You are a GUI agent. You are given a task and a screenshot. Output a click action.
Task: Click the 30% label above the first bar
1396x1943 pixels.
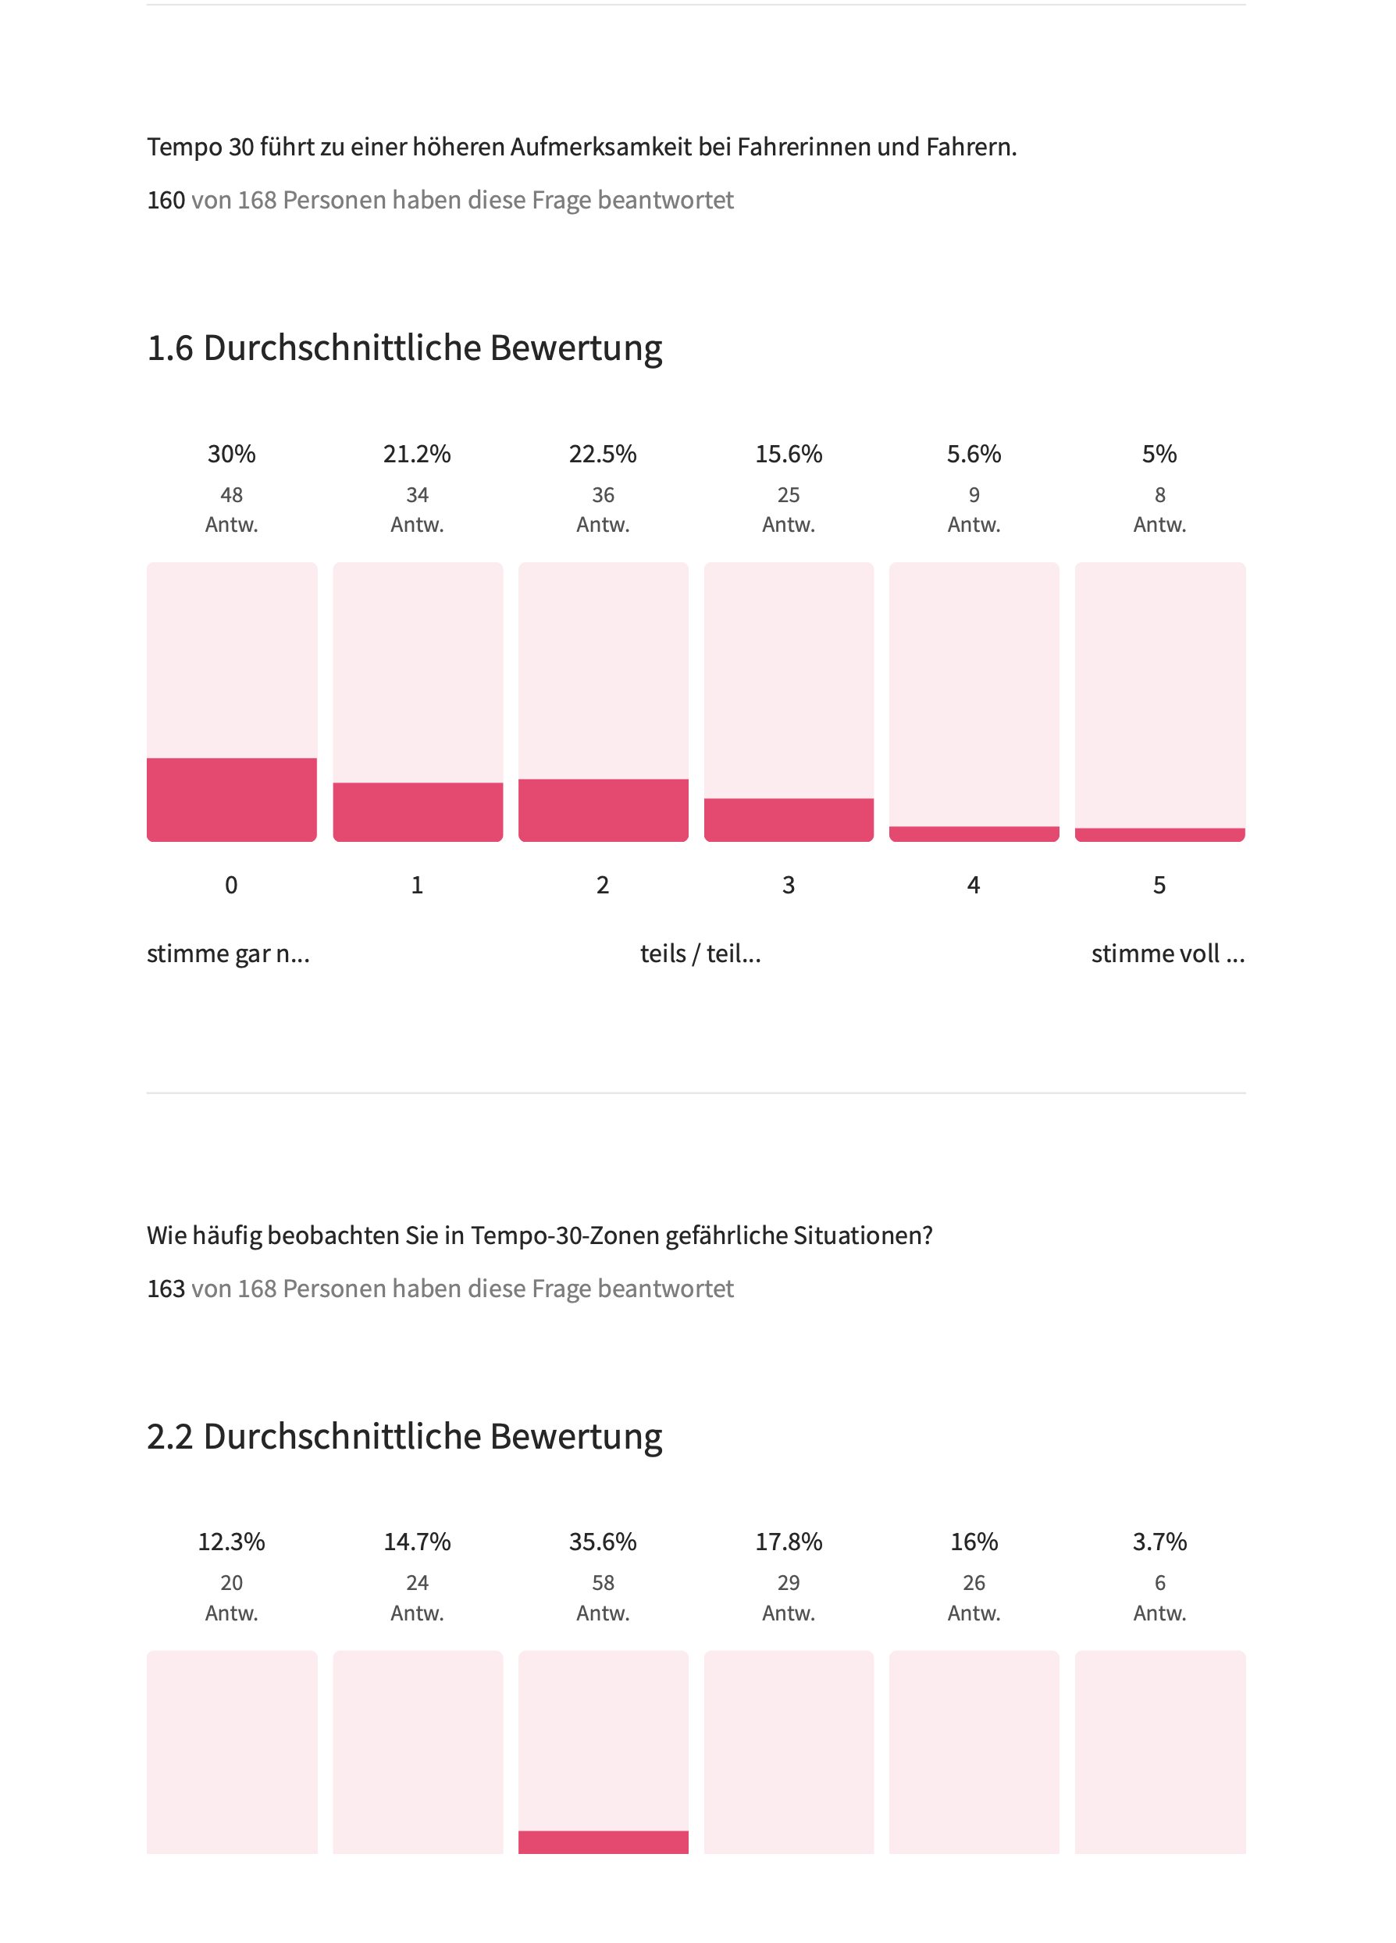231,454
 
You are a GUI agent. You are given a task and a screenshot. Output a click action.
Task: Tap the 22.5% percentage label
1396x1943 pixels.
603,454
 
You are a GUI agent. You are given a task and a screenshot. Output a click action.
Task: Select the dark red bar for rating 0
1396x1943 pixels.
231,800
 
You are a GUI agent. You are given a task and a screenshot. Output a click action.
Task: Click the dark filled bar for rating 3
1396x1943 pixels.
789,820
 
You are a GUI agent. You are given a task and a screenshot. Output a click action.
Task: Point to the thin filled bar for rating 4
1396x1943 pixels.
974,833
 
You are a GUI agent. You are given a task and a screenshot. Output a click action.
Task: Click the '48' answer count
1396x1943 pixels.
231,495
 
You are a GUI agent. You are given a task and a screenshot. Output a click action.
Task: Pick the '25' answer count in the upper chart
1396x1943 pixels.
789,495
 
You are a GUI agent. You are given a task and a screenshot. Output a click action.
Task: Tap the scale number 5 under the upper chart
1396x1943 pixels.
1159,885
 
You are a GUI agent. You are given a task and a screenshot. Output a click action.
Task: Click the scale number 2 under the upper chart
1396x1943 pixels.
603,885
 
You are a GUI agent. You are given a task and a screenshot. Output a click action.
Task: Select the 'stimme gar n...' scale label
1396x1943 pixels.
228,954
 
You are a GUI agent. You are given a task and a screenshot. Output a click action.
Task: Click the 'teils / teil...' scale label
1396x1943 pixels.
700,954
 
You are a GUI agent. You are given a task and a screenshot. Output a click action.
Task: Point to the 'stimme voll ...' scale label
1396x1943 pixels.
1167,954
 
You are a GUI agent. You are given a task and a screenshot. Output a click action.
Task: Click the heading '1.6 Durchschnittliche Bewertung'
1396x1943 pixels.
404,348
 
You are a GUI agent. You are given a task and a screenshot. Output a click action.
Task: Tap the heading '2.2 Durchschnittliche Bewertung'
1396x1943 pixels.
404,1437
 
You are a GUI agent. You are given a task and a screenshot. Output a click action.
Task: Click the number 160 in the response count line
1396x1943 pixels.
166,201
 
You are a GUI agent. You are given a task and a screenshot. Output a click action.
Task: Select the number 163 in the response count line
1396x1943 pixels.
166,1289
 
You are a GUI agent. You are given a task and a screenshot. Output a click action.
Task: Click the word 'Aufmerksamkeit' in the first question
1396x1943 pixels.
600,148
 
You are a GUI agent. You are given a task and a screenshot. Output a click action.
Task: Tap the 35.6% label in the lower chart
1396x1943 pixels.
603,1542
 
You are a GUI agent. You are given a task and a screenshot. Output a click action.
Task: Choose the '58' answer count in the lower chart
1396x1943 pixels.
603,1583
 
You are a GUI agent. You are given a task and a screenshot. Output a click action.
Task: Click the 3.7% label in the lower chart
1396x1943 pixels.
1159,1542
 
